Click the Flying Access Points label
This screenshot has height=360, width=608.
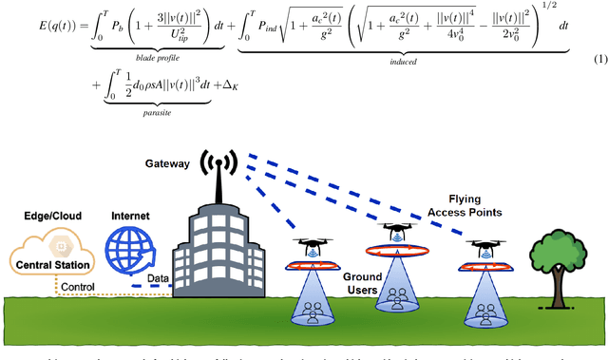[465, 203]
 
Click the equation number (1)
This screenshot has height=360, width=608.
[599, 61]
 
